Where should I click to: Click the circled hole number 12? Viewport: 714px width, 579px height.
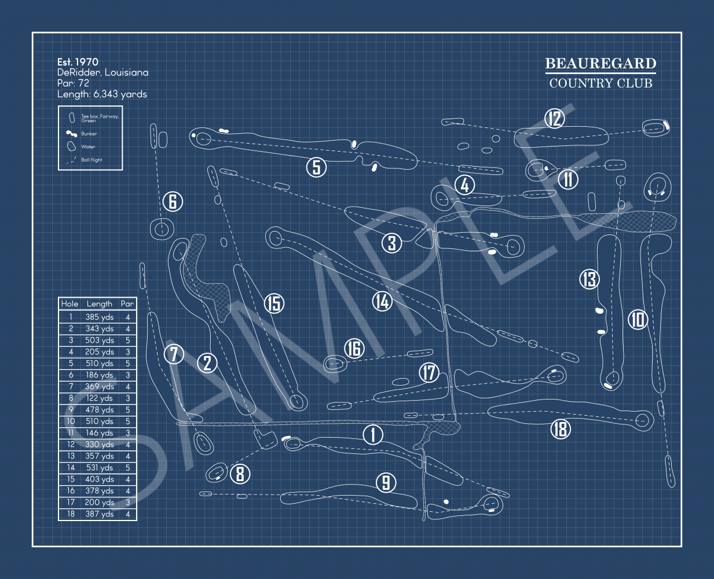(555, 119)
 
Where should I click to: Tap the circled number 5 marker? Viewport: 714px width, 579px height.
(316, 167)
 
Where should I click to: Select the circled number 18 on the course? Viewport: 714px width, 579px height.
(560, 429)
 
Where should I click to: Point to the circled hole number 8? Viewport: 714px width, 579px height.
(240, 474)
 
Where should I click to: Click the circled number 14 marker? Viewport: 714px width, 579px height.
(382, 301)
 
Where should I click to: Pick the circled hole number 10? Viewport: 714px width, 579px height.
(638, 319)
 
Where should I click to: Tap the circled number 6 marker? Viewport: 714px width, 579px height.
(173, 201)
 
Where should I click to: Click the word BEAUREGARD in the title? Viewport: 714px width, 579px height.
(601, 64)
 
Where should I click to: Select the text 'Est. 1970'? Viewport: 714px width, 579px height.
(78, 62)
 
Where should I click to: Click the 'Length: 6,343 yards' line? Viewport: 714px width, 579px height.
(102, 94)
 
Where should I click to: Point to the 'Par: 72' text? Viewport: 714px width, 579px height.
(73, 83)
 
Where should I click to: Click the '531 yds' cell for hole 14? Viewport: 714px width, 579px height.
(99, 468)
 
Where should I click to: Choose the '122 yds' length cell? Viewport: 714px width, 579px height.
(99, 398)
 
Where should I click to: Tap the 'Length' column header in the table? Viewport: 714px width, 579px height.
(99, 303)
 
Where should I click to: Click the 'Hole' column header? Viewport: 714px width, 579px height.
(69, 303)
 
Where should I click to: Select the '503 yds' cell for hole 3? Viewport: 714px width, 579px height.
(99, 340)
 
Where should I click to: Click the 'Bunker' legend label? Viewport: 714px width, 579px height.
(89, 134)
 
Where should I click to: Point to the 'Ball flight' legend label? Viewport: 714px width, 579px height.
(91, 160)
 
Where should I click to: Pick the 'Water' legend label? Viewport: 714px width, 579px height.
(88, 147)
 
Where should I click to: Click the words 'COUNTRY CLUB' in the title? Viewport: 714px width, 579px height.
(601, 83)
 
